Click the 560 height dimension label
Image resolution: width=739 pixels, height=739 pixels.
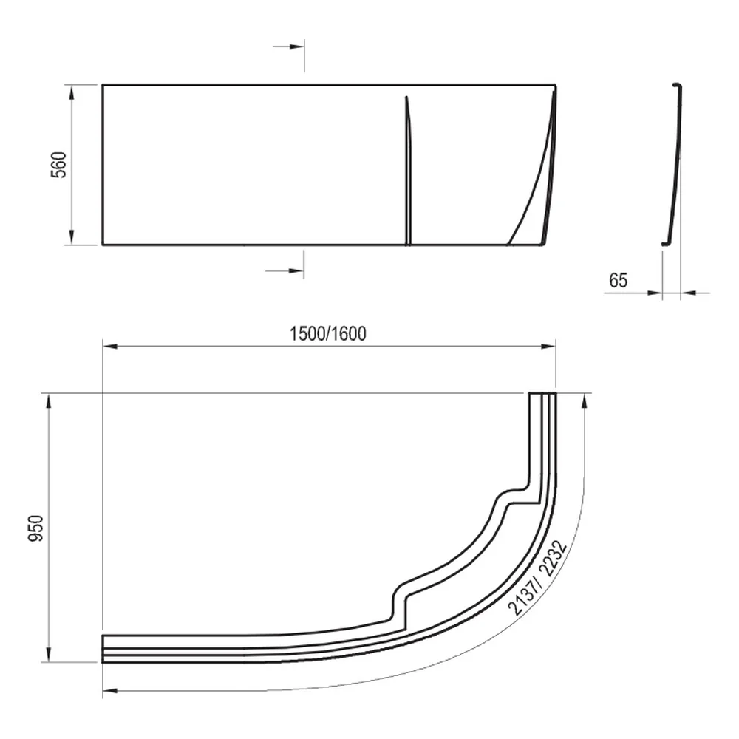coord(59,165)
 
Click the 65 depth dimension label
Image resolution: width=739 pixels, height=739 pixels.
coord(619,280)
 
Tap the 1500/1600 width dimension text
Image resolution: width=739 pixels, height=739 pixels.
coord(327,334)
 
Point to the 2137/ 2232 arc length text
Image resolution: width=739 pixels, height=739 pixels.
coord(537,578)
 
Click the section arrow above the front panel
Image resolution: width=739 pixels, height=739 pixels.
coord(288,47)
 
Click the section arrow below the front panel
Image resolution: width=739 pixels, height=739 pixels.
coord(285,271)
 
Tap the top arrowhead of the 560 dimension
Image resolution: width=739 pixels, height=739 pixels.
coord(72,93)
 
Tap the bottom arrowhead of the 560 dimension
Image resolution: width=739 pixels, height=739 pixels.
coord(72,237)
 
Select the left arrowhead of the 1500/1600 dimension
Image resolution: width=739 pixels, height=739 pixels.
coord(110,347)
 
